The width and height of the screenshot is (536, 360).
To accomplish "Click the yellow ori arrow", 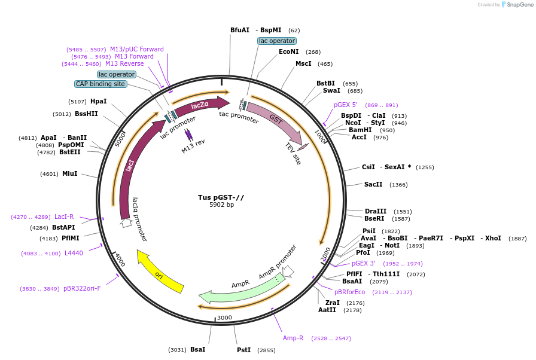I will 160,272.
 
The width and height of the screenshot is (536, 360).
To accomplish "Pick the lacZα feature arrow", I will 200,105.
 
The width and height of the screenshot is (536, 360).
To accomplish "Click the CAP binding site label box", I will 100,84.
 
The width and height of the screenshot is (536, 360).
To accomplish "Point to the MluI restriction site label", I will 70,174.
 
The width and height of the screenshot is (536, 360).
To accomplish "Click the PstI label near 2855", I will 243,350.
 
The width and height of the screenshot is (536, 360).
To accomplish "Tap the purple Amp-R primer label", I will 293,338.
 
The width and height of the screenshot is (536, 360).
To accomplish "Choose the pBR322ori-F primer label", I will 82,289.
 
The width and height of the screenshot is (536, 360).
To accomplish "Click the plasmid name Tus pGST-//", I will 221,197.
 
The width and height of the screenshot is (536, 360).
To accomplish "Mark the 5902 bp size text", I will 221,205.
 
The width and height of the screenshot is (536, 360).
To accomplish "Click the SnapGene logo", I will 516,5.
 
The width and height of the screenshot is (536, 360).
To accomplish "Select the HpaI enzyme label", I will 99,102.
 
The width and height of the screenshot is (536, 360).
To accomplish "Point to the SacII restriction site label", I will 373,185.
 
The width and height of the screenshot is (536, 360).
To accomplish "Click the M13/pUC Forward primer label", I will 137,49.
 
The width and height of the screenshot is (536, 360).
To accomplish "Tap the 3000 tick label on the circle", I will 224,318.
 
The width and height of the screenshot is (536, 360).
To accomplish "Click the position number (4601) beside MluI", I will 50,174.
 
